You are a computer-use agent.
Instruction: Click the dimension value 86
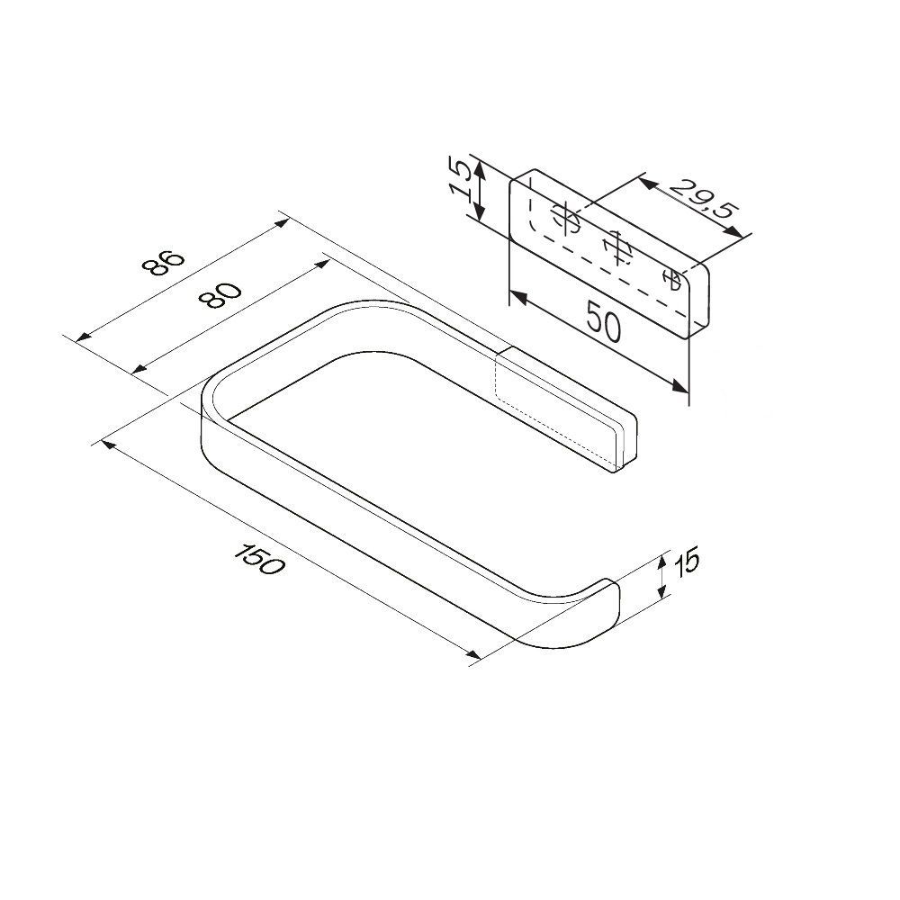(x=164, y=263)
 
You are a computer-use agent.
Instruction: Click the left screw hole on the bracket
(x=565, y=220)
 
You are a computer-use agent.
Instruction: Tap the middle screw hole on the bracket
(x=617, y=247)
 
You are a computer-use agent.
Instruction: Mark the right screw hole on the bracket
(x=671, y=279)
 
